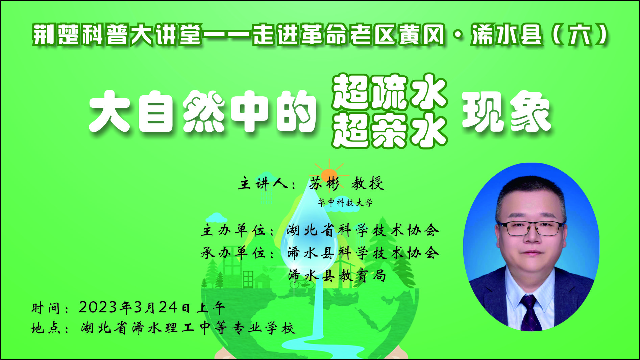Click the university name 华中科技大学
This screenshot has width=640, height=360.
coord(345,203)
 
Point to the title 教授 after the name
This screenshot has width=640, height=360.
coord(368,183)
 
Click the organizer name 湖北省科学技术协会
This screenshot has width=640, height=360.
coord(363,230)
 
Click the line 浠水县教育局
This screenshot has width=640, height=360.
coord(337,276)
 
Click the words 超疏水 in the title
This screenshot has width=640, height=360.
coord(390,91)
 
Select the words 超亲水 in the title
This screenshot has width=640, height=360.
coord(390,130)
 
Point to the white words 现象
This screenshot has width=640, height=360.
coord(506,111)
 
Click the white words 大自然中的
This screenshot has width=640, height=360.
coord(202,111)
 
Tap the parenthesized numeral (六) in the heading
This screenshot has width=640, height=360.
coord(580,34)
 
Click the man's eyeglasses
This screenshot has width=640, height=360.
coord(531,228)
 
